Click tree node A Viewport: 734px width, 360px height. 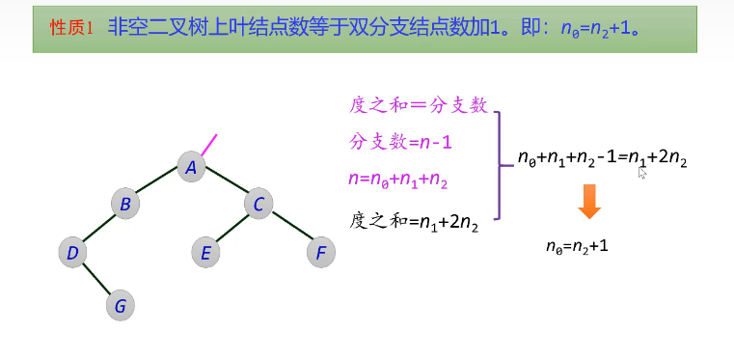(x=191, y=168)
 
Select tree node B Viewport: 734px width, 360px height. (x=124, y=204)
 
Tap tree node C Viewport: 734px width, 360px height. (x=258, y=204)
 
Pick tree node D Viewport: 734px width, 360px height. (x=71, y=253)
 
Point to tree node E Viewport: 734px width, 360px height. (x=204, y=254)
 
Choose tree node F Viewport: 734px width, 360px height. (x=320, y=254)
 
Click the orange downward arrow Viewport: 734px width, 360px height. (x=589, y=203)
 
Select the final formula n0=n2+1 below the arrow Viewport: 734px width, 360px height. (x=577, y=247)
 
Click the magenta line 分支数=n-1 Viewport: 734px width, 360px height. (x=400, y=143)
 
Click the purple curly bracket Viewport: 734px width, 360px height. (x=499, y=165)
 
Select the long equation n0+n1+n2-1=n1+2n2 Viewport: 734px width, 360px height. (x=603, y=158)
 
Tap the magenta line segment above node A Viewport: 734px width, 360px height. (x=208, y=144)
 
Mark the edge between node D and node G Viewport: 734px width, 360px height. (x=95, y=280)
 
